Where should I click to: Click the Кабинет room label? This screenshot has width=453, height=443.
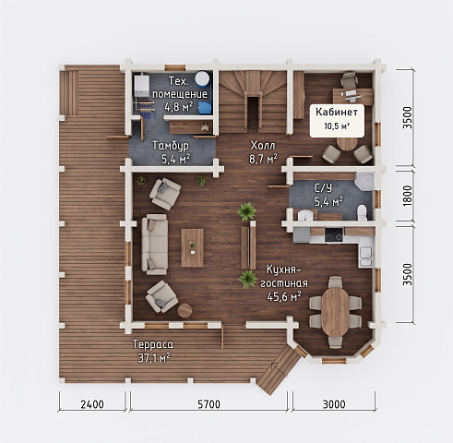coord(337,112)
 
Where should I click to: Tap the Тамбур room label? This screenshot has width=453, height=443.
coord(171,145)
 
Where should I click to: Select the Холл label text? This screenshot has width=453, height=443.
coord(263,145)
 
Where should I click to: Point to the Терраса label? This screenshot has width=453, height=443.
coord(153,344)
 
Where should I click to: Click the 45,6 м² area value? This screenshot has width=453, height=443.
coord(284,296)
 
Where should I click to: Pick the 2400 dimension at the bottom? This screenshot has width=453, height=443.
coord(92,404)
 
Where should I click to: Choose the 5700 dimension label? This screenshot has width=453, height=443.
coord(209,404)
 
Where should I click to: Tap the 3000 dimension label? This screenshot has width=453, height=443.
coord(334,404)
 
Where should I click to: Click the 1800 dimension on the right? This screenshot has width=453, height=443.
coord(407,196)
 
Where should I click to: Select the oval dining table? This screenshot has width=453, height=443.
coord(336,312)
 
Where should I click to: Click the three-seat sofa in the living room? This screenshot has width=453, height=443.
coord(154,245)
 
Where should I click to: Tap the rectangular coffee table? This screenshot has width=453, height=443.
coord(193,247)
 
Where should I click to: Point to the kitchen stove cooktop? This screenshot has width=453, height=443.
coord(334,234)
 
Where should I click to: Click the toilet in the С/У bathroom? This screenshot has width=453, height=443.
coord(362,212)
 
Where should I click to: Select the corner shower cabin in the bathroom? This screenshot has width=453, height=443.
coord(364,182)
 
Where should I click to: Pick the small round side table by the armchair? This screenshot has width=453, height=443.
coord(185,310)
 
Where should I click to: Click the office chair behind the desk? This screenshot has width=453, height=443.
coord(349,79)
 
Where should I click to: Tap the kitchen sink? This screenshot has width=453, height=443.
coord(366,257)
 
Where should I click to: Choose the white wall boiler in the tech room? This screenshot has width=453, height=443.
coord(142,85)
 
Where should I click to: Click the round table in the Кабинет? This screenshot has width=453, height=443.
coord(347,144)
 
